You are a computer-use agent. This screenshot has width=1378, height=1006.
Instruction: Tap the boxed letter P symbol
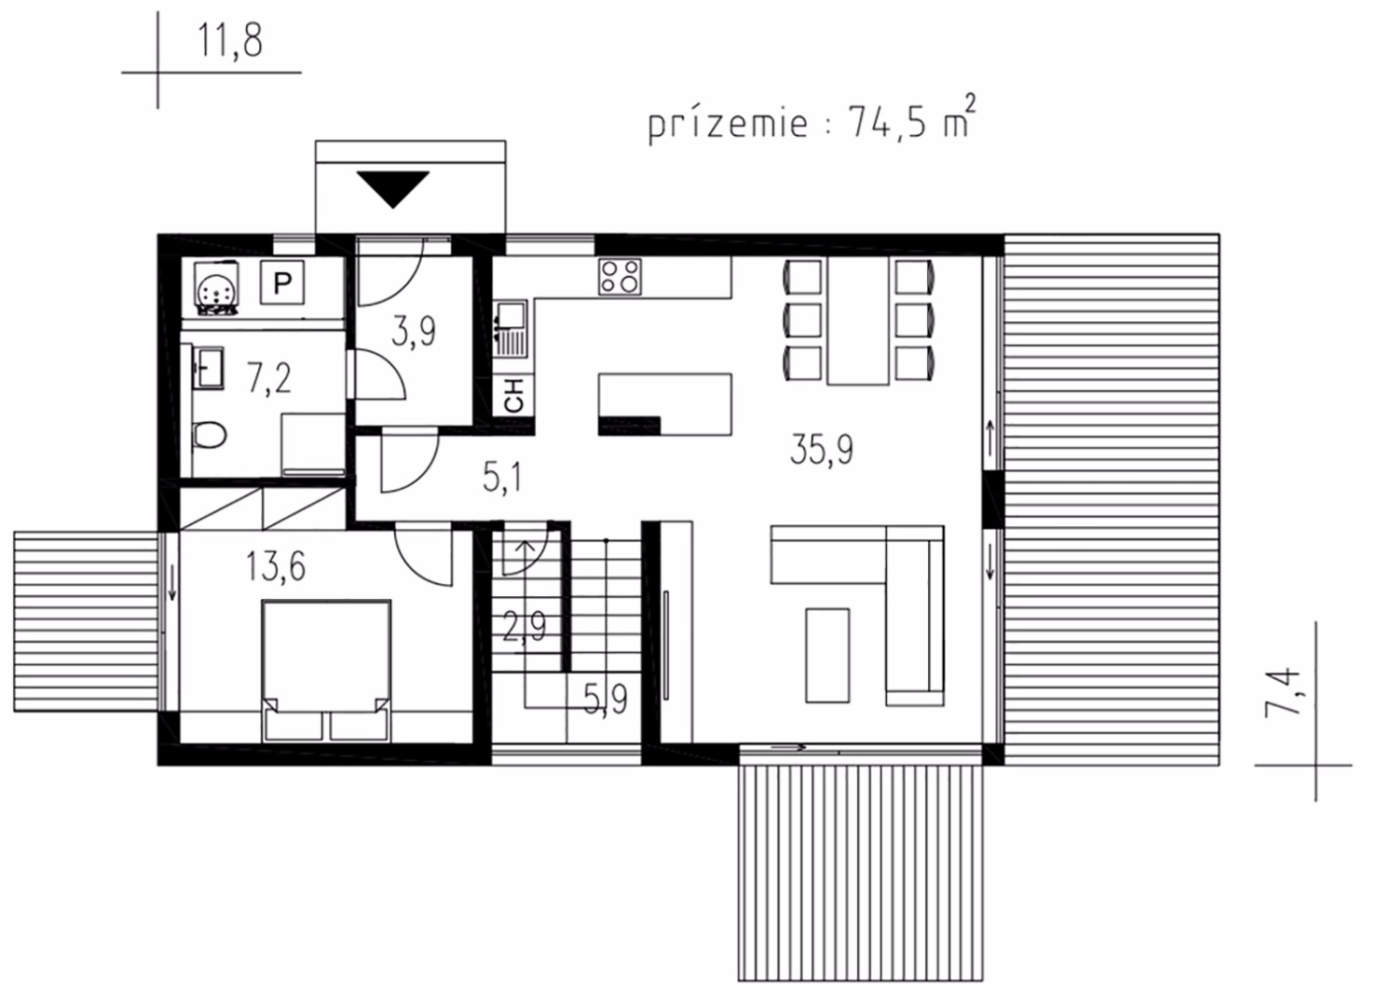pyautogui.click(x=281, y=282)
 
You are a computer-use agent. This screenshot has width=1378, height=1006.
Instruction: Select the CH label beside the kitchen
pyautogui.click(x=514, y=396)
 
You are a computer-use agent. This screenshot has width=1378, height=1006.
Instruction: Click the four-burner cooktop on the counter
pyautogui.click(x=620, y=276)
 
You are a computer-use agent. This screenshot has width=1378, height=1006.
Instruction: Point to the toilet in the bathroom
pyautogui.click(x=209, y=434)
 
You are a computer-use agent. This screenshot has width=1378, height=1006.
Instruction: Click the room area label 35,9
pyautogui.click(x=821, y=450)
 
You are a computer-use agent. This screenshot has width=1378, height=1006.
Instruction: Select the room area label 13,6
pyautogui.click(x=275, y=566)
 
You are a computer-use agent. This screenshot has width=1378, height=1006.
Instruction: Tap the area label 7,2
pyautogui.click(x=269, y=378)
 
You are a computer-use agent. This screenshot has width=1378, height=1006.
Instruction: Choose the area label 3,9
pyautogui.click(x=414, y=332)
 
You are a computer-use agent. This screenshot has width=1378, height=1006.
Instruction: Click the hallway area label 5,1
pyautogui.click(x=502, y=478)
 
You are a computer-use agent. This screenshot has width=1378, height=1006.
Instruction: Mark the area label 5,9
pyautogui.click(x=606, y=700)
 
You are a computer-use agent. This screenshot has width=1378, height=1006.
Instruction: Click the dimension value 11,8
pyautogui.click(x=230, y=41)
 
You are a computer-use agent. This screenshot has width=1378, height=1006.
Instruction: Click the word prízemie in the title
pyautogui.click(x=727, y=122)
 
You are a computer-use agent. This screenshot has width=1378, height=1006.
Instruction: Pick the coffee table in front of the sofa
pyautogui.click(x=827, y=655)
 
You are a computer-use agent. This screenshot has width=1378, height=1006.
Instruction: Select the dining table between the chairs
pyautogui.click(x=858, y=320)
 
